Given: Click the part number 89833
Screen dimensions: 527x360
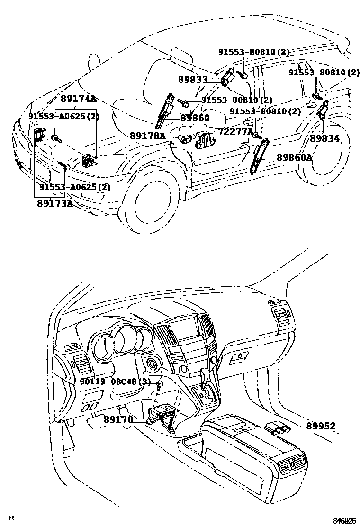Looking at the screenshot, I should point(193,80).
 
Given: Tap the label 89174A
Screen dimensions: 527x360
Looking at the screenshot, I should point(78,99).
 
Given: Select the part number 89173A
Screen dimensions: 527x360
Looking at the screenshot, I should point(55,203).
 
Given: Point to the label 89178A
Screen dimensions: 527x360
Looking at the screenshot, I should point(147,136).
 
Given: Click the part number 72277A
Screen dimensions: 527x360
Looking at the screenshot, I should point(236,131).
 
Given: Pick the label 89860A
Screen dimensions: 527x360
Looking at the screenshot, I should point(294,157).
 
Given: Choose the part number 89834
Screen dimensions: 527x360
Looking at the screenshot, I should point(324,139).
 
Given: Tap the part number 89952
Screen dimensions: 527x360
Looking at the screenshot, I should point(320,427).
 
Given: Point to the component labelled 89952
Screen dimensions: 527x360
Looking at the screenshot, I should point(278,427).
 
